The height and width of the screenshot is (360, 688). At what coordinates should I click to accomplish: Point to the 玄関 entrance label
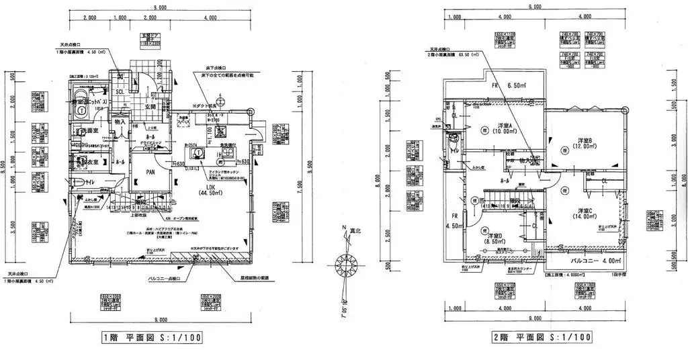tap(148, 106)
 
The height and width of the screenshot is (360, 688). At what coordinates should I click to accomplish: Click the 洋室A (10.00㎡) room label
tap(504, 130)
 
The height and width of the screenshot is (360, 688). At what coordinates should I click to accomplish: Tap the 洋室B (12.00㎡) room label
tap(584, 145)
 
